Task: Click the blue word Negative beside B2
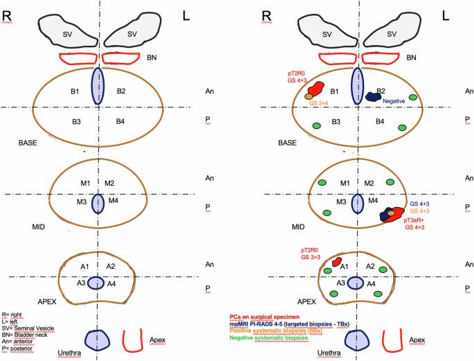click(x=394, y=101)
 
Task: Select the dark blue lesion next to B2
click(x=374, y=96)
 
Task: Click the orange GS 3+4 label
click(x=318, y=103)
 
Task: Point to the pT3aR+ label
click(x=414, y=220)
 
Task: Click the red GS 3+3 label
click(x=311, y=257)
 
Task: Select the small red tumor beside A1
click(x=336, y=261)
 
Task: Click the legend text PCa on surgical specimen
click(x=264, y=317)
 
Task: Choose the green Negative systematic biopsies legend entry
click(x=268, y=337)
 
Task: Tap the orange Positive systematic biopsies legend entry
click(x=275, y=331)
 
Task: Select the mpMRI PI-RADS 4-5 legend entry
click(x=289, y=324)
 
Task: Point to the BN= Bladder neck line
click(x=24, y=335)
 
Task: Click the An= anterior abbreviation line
click(x=17, y=342)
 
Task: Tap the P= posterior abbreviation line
click(x=17, y=349)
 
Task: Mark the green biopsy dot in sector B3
click(x=316, y=125)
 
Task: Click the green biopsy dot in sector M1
click(x=322, y=182)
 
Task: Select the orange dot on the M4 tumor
click(x=391, y=213)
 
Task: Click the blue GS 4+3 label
click(x=419, y=204)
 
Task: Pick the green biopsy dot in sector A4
click(x=379, y=294)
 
